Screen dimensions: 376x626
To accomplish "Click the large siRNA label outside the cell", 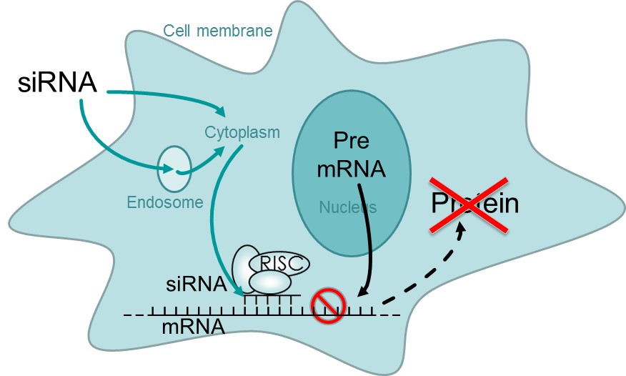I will tap(56, 82).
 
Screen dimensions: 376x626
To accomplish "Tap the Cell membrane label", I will tap(207, 31).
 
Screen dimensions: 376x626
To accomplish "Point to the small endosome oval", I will tap(174, 169).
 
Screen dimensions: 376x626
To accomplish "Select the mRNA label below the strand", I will tap(192, 328).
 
